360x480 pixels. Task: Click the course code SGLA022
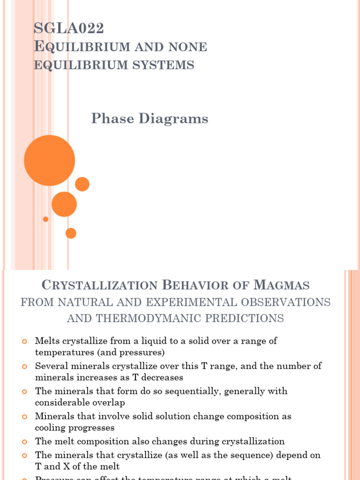(69, 29)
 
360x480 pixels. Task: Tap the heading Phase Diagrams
(150, 119)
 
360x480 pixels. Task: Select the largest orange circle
(49, 160)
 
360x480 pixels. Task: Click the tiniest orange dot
(45, 219)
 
